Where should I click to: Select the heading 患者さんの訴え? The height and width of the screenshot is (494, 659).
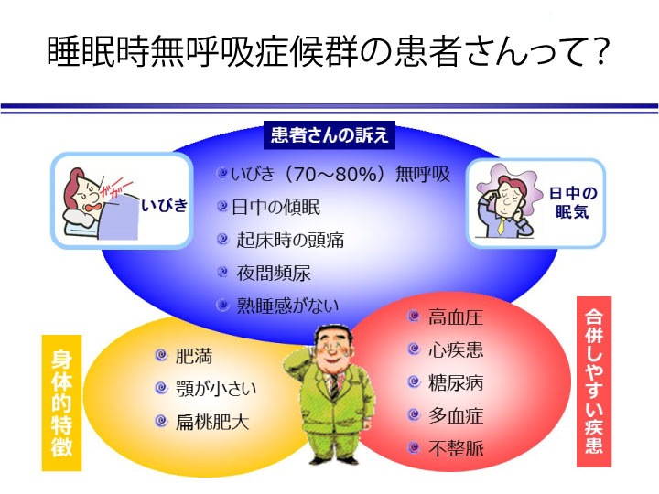329,136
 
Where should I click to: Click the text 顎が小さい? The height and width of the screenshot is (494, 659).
216,389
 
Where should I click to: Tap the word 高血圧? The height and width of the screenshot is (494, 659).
456,317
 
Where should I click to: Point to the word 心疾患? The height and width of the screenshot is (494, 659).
456,350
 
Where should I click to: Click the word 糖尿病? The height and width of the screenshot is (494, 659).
456,382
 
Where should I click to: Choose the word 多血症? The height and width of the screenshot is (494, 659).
456,416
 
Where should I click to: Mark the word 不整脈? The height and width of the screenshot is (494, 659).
456,449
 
